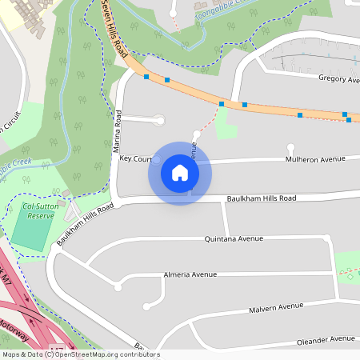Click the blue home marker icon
tap(180, 173)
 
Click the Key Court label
tap(135, 159)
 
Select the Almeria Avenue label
tap(190, 274)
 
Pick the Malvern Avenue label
tap(276, 306)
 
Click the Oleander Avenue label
tap(326, 340)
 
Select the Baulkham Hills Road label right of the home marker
tap(261, 198)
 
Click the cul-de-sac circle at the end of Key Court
tap(157, 160)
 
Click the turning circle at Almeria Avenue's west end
tap(118, 287)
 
